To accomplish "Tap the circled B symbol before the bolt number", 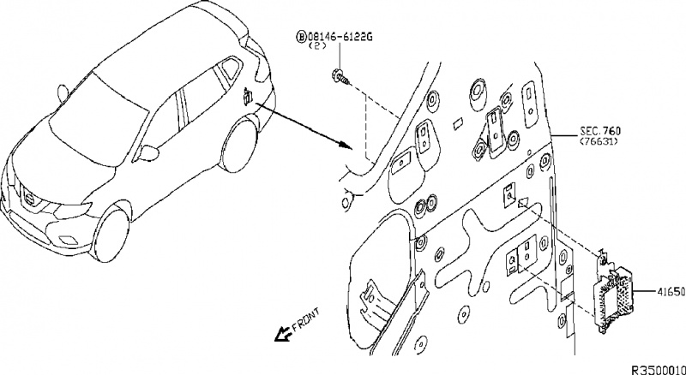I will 301,38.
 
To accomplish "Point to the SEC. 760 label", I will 599,131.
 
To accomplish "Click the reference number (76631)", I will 599,143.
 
